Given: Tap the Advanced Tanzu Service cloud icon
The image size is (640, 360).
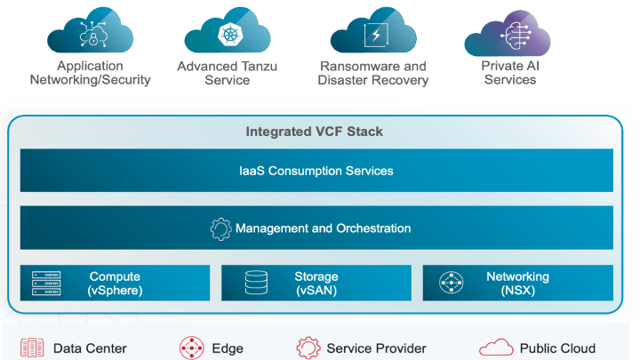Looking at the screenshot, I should coord(228,31).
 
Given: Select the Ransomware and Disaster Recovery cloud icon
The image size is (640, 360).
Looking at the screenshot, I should coord(374,31).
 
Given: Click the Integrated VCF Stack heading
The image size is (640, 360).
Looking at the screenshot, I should coord(314,132).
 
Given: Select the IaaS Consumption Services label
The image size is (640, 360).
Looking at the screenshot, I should coord(316,170).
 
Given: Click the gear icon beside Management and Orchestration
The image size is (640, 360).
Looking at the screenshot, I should coord(220,229).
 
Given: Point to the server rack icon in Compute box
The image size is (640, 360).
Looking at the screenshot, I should coord(46,283).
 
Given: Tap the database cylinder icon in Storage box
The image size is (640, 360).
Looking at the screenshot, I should coord(256,284).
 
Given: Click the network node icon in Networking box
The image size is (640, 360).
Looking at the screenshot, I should coord(452,284).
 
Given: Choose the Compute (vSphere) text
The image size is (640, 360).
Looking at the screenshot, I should coord(115,284).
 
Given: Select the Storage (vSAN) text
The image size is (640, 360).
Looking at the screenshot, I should coord(316,284).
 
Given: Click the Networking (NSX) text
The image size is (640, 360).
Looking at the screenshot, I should coord(517,284).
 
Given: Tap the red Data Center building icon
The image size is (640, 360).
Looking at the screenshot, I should coord(32,348).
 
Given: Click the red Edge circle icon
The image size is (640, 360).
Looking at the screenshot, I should coord(191,348).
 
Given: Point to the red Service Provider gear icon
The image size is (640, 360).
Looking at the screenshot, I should coord(308,348).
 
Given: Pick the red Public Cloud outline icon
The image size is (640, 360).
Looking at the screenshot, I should coord(493,348).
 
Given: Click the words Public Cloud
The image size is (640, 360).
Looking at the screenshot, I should coord(557,348).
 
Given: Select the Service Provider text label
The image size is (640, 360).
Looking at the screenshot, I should coord(376,348).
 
